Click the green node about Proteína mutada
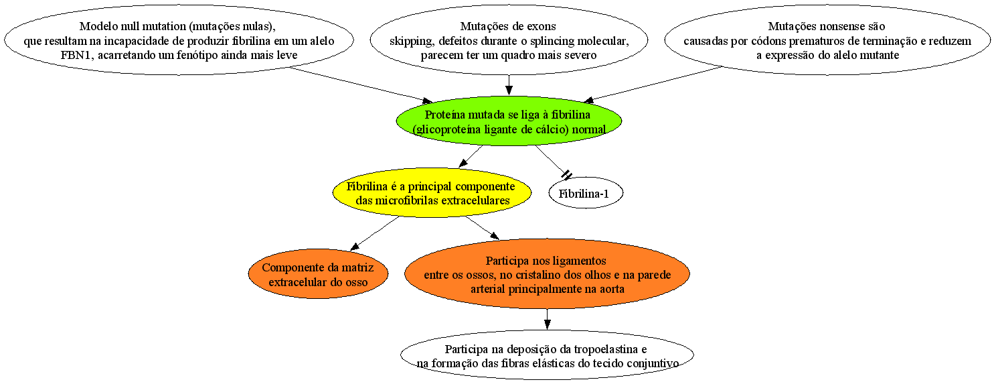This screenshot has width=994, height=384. pos(509,121)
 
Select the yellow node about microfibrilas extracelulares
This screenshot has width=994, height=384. pos(431,192)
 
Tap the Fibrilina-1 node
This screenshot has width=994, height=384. pos(586,193)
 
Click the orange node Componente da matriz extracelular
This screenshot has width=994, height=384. pos(318,274)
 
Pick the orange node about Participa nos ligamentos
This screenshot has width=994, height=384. pos(547,274)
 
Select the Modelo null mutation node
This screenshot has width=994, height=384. pos(179,40)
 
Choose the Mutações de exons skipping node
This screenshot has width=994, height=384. pos(509,40)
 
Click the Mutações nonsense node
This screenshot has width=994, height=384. pos(827,40)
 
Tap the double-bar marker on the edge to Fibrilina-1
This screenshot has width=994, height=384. pos(567,175)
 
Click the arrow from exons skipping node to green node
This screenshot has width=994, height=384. pos(509,85)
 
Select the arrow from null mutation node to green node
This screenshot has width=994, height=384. pos(361,85)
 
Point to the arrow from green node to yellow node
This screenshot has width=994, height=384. pos(471,156)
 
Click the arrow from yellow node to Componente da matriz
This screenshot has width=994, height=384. pos(375,233)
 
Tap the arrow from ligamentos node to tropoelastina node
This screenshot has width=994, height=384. pos(547,319)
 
